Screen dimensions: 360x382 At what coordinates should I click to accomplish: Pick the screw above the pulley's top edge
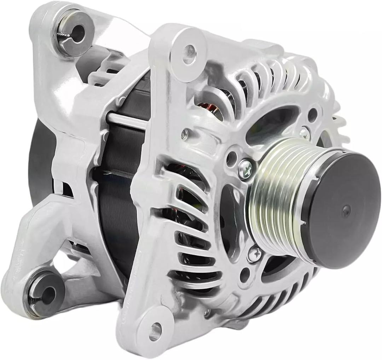pos(303,133)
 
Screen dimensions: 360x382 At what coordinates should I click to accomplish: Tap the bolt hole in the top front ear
pos(189,51)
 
